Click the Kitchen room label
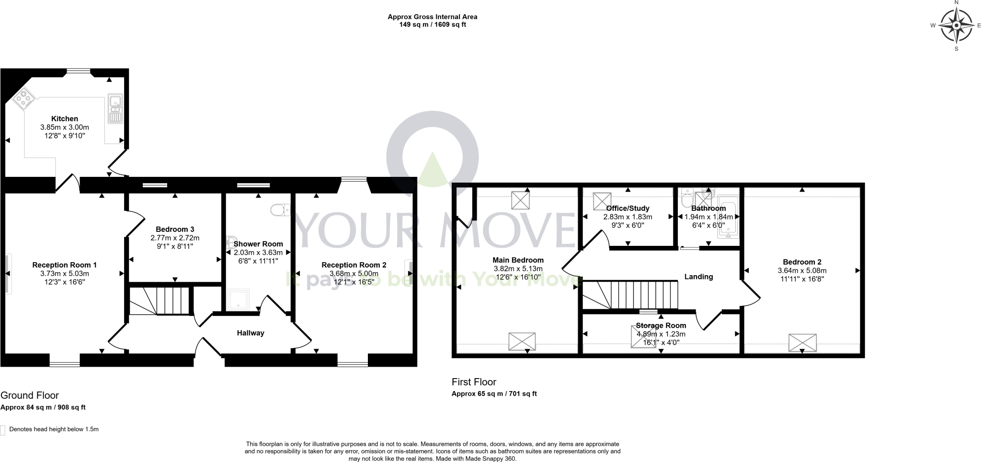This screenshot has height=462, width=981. pyautogui.click(x=65, y=119)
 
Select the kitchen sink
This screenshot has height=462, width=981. pyautogui.click(x=115, y=109)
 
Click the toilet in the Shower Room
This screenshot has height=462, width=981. pyautogui.click(x=280, y=209)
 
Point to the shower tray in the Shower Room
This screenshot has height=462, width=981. pyautogui.click(x=238, y=300)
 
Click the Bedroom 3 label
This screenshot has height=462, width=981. pyautogui.click(x=175, y=230)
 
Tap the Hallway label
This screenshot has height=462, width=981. pyautogui.click(x=251, y=333)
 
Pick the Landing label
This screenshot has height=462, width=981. pyautogui.click(x=698, y=277)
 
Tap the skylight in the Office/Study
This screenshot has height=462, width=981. pyautogui.click(x=602, y=201)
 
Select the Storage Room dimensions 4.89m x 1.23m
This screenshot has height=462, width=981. pyautogui.click(x=661, y=334)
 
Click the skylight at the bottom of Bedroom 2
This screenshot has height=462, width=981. pyautogui.click(x=802, y=343)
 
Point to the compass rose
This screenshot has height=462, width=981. pyautogui.click(x=956, y=25)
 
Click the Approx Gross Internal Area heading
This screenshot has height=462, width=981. pyautogui.click(x=432, y=17)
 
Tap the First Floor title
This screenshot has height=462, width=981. pyautogui.click(x=474, y=382)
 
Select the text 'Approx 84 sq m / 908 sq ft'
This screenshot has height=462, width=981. pyautogui.click(x=43, y=407)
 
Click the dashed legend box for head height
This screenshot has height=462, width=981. pyautogui.click(x=3, y=429)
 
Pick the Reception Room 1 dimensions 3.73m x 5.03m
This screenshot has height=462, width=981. pyautogui.click(x=65, y=274)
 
